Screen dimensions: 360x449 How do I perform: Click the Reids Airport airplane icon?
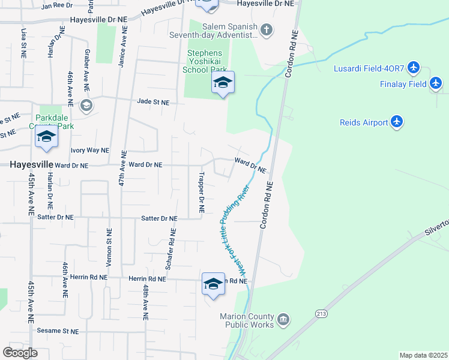click(396, 122)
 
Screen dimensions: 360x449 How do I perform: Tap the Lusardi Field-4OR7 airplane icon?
click(414, 68)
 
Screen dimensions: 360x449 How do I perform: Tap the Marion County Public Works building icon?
click(283, 317)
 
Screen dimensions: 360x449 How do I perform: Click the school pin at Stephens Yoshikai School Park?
click(222, 83)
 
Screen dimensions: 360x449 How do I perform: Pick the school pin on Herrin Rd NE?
click(213, 284)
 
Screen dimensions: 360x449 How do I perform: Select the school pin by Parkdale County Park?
click(46, 137)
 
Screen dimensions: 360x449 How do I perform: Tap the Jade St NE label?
click(153, 103)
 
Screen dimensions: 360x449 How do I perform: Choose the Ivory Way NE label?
click(90, 150)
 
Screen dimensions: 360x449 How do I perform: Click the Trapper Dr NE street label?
click(202, 193)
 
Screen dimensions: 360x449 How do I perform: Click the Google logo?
click(20, 353)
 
